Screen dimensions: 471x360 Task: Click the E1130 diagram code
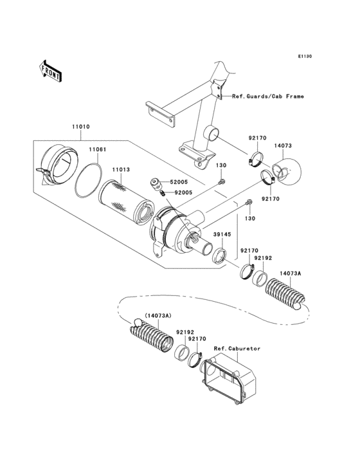click(305, 57)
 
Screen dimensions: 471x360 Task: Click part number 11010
click(80, 129)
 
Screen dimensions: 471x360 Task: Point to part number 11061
click(96, 149)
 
